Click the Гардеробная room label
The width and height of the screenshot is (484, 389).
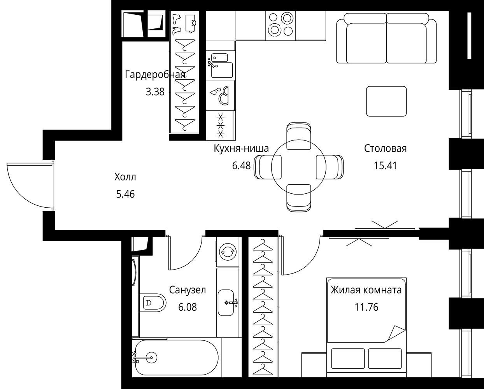[x=155, y=75]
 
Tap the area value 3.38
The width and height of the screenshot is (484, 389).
[x=155, y=92]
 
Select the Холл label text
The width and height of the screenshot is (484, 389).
[x=125, y=177]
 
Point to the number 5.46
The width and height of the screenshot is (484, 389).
[x=125, y=194]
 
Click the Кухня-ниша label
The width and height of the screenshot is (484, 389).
[x=241, y=149]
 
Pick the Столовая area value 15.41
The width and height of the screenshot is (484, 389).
[x=385, y=166]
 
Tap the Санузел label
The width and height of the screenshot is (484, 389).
[x=188, y=290]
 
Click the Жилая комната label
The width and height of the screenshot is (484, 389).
[x=366, y=290]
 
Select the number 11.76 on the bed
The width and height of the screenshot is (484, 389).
[x=367, y=307]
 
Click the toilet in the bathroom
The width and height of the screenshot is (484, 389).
[x=153, y=303]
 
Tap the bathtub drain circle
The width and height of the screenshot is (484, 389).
[x=151, y=357]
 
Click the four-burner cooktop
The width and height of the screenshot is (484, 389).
[x=281, y=26]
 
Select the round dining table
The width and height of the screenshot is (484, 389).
[x=298, y=167]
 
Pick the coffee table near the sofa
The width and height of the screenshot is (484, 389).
[x=386, y=101]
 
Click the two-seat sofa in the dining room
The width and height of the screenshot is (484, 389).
[x=386, y=38]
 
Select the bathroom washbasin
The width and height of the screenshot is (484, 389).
[x=226, y=303]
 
